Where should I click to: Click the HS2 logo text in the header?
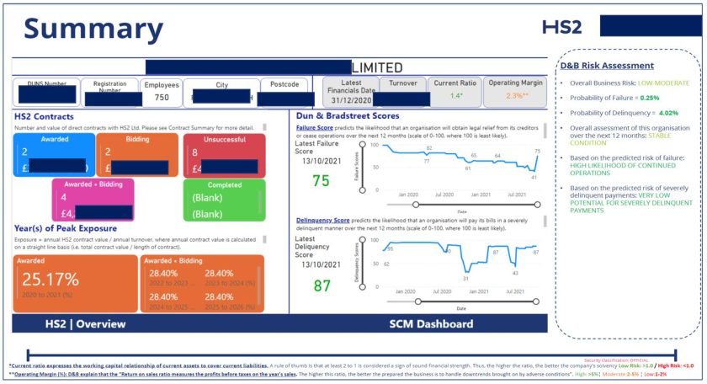coord(562,27)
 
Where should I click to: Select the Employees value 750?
coord(161,98)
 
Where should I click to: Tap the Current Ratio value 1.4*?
coord(456,96)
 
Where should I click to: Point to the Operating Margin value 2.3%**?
coord(516,96)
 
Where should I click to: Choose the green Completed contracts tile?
coord(223,200)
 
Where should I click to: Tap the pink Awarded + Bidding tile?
coord(93,200)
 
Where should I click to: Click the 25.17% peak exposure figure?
coord(50,279)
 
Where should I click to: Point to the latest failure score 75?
coord(321,180)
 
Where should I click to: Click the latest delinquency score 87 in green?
coord(322,285)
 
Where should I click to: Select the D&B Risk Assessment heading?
coord(607,65)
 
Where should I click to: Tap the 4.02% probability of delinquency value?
coord(668,112)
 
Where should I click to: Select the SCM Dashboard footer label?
coord(431,323)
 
